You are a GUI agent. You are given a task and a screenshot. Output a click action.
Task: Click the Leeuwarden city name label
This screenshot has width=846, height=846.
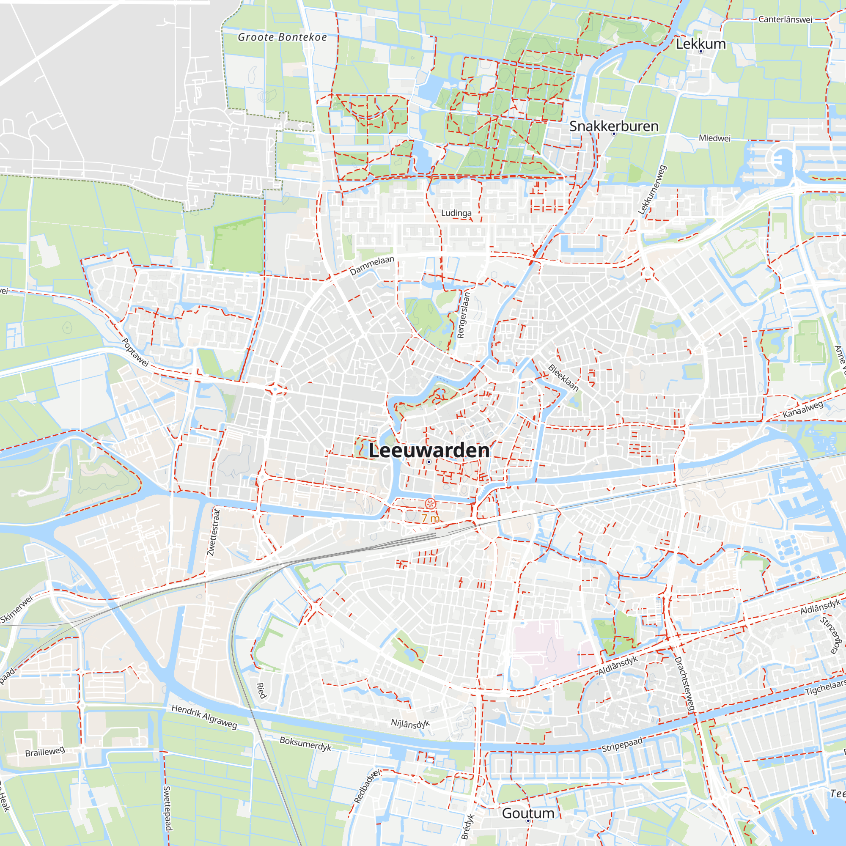428,450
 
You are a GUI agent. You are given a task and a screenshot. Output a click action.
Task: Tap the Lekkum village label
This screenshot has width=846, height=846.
700,44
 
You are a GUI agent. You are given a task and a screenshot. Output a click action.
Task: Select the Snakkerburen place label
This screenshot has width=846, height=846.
614,126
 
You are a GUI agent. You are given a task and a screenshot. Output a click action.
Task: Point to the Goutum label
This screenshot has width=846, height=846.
528,813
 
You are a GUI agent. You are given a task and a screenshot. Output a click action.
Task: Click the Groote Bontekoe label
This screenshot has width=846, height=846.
283,37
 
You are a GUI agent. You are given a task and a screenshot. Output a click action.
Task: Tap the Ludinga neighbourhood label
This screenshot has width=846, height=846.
456,213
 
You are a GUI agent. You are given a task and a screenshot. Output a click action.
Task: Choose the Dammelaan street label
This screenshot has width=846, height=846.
372,265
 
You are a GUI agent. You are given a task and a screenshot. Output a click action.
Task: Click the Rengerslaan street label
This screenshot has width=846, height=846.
463,315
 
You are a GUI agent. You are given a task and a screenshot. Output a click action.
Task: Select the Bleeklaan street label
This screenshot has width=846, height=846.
563,377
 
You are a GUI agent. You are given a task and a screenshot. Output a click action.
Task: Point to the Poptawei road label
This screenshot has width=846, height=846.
135,352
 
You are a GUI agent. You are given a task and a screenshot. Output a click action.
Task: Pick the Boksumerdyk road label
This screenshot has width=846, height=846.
306,744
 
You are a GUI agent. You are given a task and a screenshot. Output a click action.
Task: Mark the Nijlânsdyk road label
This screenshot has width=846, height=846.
410,723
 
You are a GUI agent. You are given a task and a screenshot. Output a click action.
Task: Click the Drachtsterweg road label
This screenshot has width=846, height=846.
684,685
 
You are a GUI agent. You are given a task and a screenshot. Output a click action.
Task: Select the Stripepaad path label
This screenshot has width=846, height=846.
622,744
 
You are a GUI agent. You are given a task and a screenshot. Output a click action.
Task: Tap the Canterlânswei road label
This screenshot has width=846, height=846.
785,20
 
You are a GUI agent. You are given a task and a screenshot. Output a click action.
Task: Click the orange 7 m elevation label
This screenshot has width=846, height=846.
431,519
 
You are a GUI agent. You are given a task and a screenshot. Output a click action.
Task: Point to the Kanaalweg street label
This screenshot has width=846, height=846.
803,409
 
